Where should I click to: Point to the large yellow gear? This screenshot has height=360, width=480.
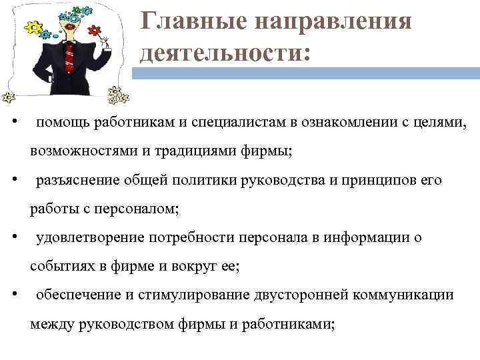(x=32, y=29)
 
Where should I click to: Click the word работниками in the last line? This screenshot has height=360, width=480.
(x=286, y=324)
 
